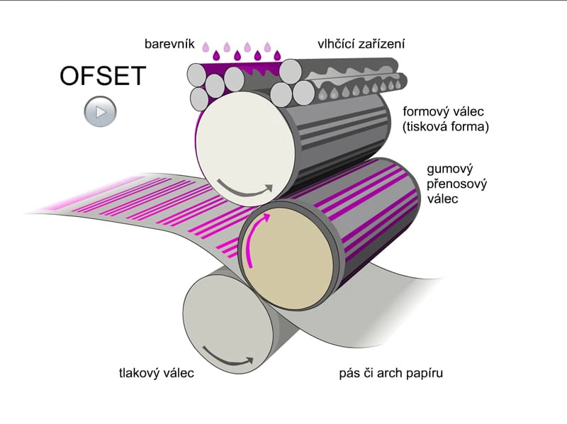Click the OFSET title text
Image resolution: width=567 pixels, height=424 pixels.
tap(103, 76)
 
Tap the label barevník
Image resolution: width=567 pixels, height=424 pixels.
tap(169, 44)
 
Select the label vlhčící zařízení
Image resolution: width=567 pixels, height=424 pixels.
tap(361, 44)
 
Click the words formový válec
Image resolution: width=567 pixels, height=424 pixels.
tap(444, 111)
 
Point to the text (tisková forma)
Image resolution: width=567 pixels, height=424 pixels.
tap(446, 127)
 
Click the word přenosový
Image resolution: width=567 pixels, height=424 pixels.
tap(456, 184)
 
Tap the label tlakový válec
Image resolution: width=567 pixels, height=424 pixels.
tap(157, 373)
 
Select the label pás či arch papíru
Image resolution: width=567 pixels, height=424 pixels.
tap(391, 373)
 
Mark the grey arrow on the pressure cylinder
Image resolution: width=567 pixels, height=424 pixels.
tap(226, 358)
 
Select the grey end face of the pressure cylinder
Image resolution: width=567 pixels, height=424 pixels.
tap(228, 323)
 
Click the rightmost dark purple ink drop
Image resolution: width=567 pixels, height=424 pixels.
tap(277, 55)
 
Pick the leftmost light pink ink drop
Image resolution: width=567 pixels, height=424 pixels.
tap(206, 47)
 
